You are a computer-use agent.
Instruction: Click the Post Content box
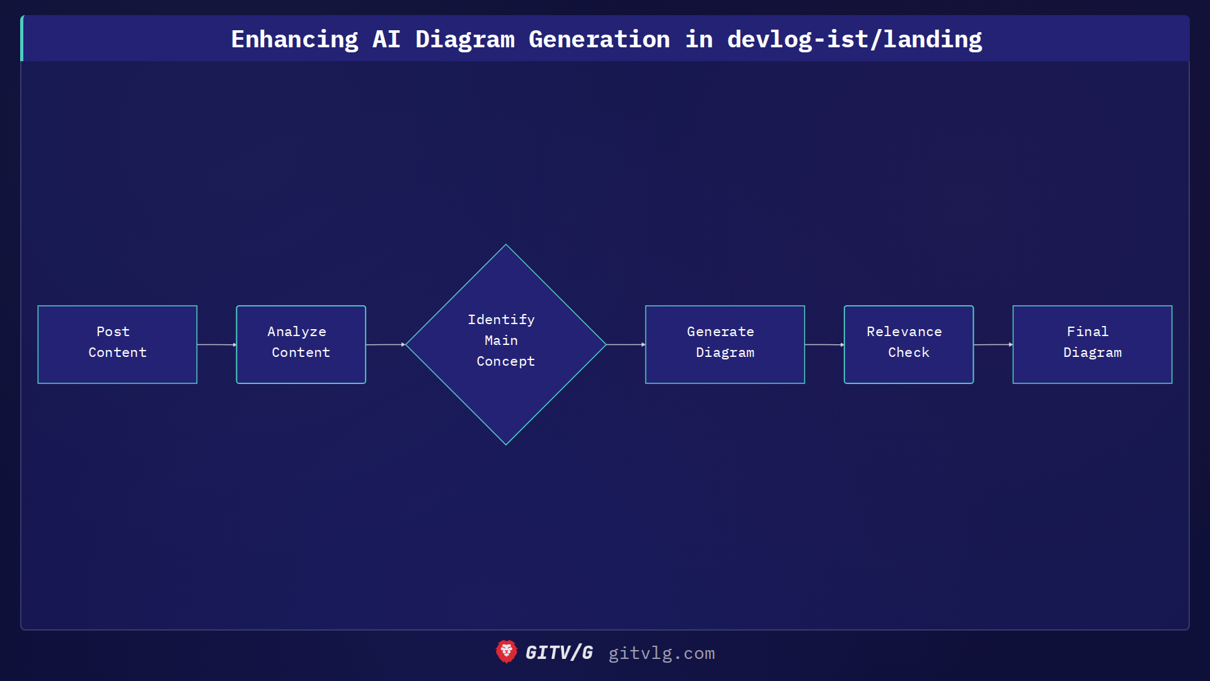(117, 344)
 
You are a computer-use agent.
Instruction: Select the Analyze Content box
(301, 344)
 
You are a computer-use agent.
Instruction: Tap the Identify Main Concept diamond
(505, 344)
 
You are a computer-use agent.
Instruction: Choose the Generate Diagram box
(725, 344)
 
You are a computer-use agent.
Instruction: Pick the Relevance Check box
(908, 344)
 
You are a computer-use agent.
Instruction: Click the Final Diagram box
(1092, 344)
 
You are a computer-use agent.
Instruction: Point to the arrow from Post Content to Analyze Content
(216, 344)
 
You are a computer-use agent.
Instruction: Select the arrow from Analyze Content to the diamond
(385, 344)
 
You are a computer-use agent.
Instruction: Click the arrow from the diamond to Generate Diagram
(625, 344)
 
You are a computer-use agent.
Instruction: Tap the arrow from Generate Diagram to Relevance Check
(824, 344)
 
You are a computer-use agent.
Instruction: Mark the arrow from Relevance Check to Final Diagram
(993, 344)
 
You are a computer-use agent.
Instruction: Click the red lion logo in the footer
(506, 652)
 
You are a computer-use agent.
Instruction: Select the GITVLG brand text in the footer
(559, 653)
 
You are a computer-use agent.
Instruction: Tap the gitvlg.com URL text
(661, 653)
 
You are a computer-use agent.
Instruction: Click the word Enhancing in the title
(294, 40)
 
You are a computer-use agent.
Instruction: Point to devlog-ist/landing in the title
(854, 40)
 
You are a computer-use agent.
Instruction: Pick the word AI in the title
(386, 40)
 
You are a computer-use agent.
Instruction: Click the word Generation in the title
(599, 40)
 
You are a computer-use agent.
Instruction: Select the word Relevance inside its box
(904, 332)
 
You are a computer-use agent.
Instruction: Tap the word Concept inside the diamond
(505, 361)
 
